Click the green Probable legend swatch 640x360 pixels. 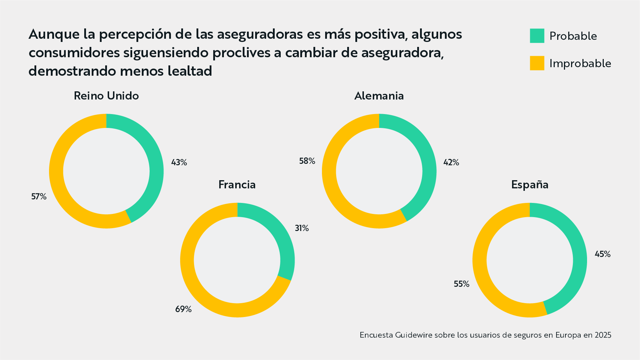click(x=537, y=36)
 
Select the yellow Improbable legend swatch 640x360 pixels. click(x=537, y=63)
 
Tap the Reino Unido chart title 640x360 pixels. click(x=106, y=96)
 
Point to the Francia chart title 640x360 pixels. click(x=237, y=185)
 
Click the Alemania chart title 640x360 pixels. click(x=379, y=96)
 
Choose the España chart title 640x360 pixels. click(x=529, y=185)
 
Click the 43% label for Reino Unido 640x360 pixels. click(x=179, y=162)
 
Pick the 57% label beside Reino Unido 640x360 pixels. click(x=39, y=197)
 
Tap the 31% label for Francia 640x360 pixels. click(x=302, y=228)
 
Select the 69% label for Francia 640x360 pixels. click(x=183, y=309)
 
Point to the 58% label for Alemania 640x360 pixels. click(x=307, y=161)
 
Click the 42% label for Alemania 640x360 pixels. click(x=451, y=162)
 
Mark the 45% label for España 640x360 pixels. click(x=603, y=254)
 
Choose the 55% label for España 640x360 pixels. click(x=461, y=284)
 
